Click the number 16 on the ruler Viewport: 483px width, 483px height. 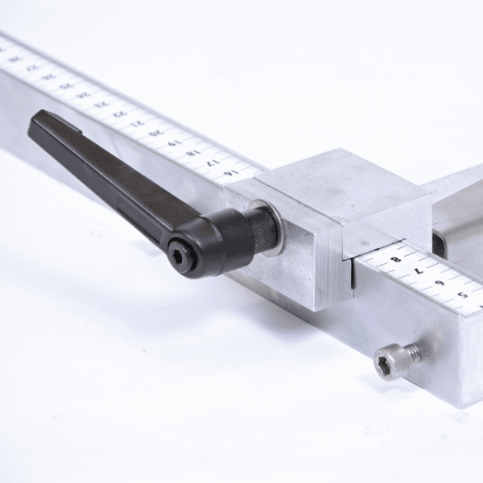[x=230, y=172]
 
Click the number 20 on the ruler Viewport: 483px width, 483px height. [x=156, y=134]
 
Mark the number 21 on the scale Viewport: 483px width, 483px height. [x=138, y=123]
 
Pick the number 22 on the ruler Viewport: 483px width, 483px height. [x=119, y=114]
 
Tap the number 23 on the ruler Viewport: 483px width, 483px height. [x=101, y=104]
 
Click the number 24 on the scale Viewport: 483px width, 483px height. [x=84, y=95]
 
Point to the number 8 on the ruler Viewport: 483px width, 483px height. [x=395, y=260]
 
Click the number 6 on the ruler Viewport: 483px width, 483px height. [x=440, y=283]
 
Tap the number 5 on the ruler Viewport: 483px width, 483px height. [x=462, y=295]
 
